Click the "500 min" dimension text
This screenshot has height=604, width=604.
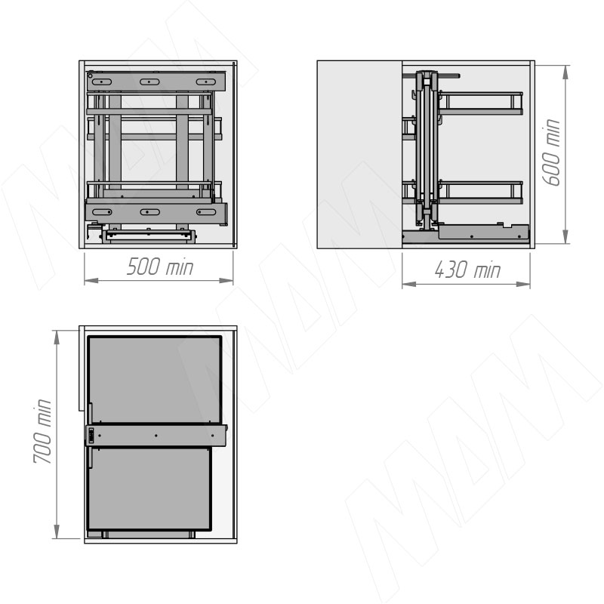point(160,267)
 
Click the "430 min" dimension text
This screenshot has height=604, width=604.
point(467,270)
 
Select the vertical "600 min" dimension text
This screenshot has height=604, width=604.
point(550,153)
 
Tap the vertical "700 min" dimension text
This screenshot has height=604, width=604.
point(42,431)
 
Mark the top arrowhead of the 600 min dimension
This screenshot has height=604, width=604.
point(565,72)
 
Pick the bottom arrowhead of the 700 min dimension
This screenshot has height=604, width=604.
point(57,532)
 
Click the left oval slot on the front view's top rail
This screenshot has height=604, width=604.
point(102,82)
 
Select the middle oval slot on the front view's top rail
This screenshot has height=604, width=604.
point(149,82)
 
